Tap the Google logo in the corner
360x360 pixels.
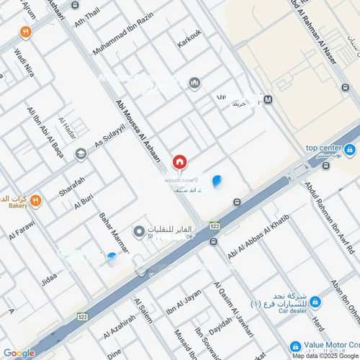[18, 353]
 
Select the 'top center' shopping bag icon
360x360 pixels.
[350, 150]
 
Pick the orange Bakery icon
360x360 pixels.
[35, 200]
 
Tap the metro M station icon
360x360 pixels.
[268, 99]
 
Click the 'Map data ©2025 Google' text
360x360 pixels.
[325, 356]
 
